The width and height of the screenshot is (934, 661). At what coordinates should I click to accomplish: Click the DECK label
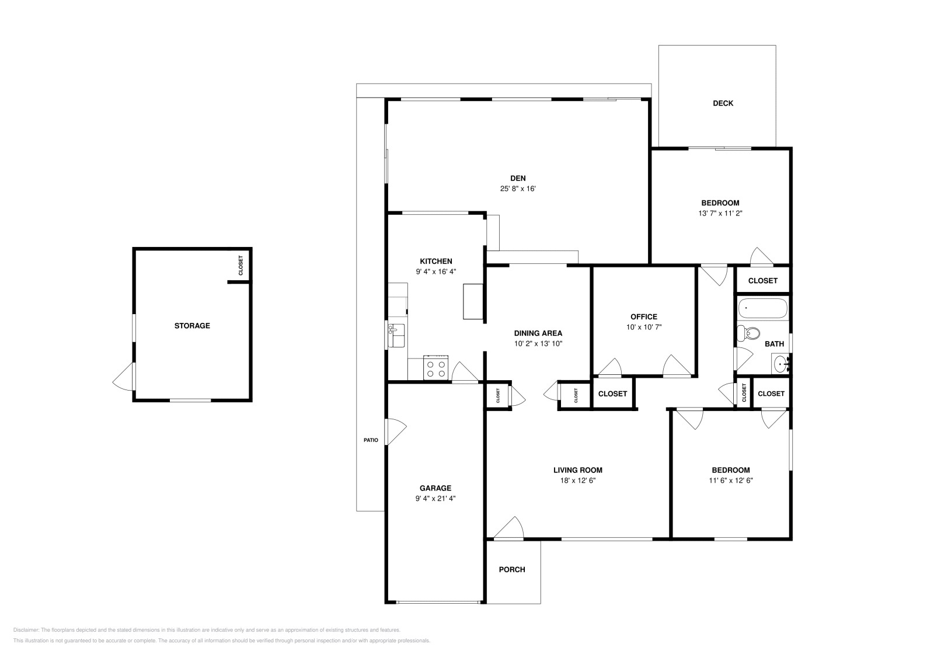tap(723, 103)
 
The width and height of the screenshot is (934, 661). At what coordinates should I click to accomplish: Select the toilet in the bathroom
tap(748, 333)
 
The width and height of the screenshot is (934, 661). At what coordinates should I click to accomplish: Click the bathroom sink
tap(781, 365)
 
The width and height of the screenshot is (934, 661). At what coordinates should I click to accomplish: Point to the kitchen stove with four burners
tap(435, 368)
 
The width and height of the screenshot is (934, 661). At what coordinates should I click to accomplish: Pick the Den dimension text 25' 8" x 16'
tap(518, 189)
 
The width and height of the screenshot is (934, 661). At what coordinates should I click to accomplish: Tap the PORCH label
tap(512, 569)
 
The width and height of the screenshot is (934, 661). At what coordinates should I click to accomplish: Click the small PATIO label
tap(371, 440)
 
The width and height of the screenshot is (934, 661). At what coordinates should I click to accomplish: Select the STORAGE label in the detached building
tap(192, 326)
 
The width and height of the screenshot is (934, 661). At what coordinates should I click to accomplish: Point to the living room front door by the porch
tap(508, 528)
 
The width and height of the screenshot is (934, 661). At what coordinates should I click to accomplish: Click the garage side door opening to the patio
tap(396, 432)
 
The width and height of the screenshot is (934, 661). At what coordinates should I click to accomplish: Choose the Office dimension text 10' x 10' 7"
tap(644, 328)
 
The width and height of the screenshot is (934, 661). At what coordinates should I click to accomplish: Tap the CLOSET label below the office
tap(612, 394)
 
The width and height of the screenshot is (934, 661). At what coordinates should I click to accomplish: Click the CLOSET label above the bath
tap(762, 281)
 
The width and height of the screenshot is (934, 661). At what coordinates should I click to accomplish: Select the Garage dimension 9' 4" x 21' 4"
tap(435, 499)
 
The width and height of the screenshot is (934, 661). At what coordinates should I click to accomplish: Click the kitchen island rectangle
tap(473, 301)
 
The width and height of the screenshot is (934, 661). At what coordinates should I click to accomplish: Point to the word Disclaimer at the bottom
tap(26, 630)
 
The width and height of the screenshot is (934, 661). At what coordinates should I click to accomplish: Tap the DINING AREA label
tap(538, 333)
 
